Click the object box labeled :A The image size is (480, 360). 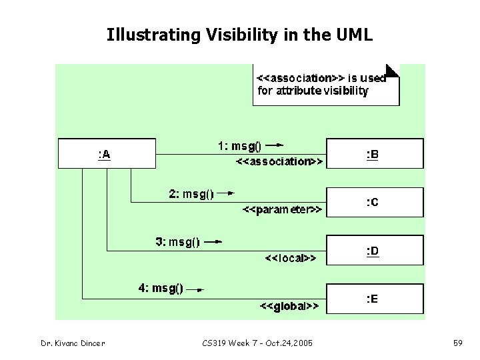click(107, 153)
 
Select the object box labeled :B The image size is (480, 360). click(374, 153)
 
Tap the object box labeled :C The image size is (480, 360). click(374, 202)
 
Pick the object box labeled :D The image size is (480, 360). click(374, 251)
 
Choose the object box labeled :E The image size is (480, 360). click(374, 299)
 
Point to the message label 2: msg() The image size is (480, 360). click(191, 194)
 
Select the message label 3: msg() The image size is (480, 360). click(177, 243)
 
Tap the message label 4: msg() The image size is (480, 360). click(160, 289)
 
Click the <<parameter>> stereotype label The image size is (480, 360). click(281, 210)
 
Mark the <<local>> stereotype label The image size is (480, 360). click(291, 257)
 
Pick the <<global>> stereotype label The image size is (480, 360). click(289, 306)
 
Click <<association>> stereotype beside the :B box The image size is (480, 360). click(280, 161)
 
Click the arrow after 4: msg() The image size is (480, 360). click(195, 289)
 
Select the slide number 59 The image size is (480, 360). click(458, 343)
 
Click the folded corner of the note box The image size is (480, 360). click(393, 69)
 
